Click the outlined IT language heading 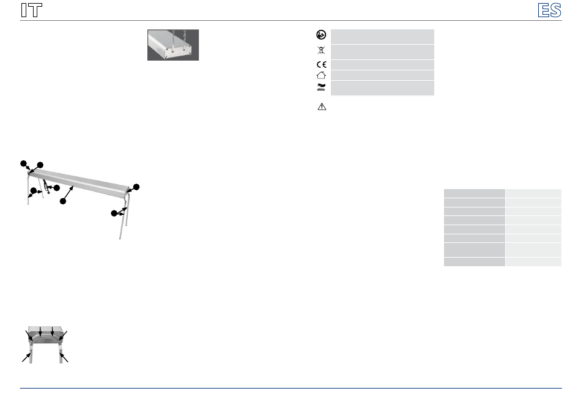click(x=31, y=10)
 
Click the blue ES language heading click(x=550, y=10)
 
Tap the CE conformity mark click(x=321, y=64)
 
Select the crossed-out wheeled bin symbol click(x=321, y=50)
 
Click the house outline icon click(x=321, y=75)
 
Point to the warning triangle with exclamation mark click(x=322, y=106)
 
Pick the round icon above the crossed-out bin click(x=321, y=35)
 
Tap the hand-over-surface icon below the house click(x=321, y=88)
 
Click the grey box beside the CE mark click(x=382, y=65)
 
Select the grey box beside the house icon click(x=382, y=75)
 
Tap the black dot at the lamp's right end click(x=136, y=187)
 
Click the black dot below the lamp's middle click(x=63, y=201)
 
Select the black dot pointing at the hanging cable click(x=57, y=188)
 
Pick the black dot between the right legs click(x=114, y=213)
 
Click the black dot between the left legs click(x=34, y=190)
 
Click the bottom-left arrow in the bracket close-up click(x=26, y=357)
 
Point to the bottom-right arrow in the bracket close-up click(x=64, y=357)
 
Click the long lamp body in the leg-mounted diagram click(x=78, y=180)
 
